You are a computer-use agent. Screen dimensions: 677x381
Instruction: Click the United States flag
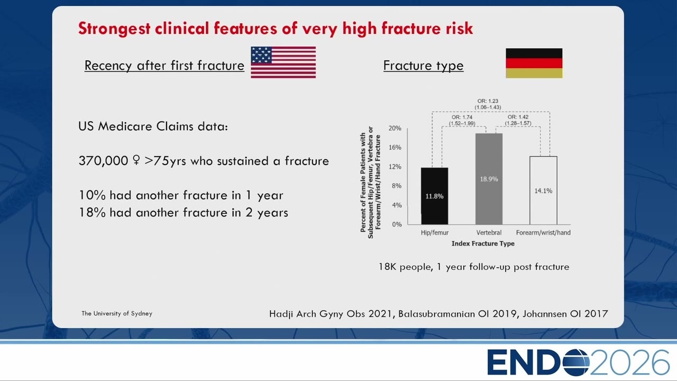283,62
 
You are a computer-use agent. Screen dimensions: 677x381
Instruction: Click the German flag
534,63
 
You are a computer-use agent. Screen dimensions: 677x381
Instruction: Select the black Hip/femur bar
435,196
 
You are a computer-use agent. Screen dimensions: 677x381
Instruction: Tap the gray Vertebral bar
489,179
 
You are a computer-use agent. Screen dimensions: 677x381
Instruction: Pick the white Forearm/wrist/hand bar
543,190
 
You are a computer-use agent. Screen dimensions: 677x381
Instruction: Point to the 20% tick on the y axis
395,128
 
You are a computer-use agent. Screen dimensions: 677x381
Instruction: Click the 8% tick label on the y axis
397,186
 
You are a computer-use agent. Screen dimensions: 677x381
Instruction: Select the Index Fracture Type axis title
483,243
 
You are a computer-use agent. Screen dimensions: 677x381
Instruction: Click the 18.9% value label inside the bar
489,179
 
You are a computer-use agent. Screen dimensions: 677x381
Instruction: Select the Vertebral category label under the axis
489,232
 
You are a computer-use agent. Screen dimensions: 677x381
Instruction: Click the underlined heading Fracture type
423,66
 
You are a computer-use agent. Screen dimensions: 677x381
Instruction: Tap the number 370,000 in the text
103,161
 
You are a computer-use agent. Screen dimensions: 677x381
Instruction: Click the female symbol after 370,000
136,160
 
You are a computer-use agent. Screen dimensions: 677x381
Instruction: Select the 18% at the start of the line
92,213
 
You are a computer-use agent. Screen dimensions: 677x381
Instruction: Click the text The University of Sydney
117,313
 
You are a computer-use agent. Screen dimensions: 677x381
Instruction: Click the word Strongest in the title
114,29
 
